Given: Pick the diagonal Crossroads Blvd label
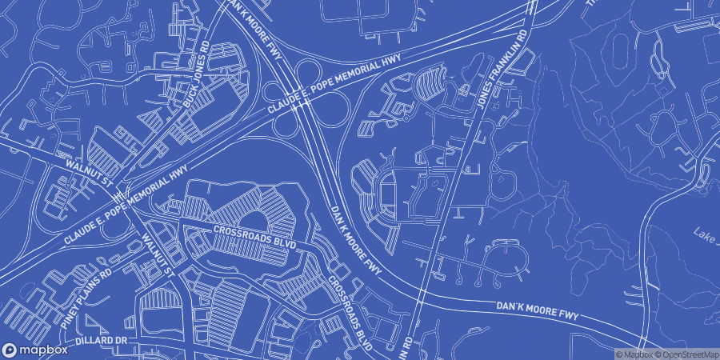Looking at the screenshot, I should click(x=350, y=314).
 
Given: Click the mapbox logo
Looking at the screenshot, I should click(x=35, y=350).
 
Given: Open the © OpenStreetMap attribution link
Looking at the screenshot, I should click(x=689, y=354).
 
